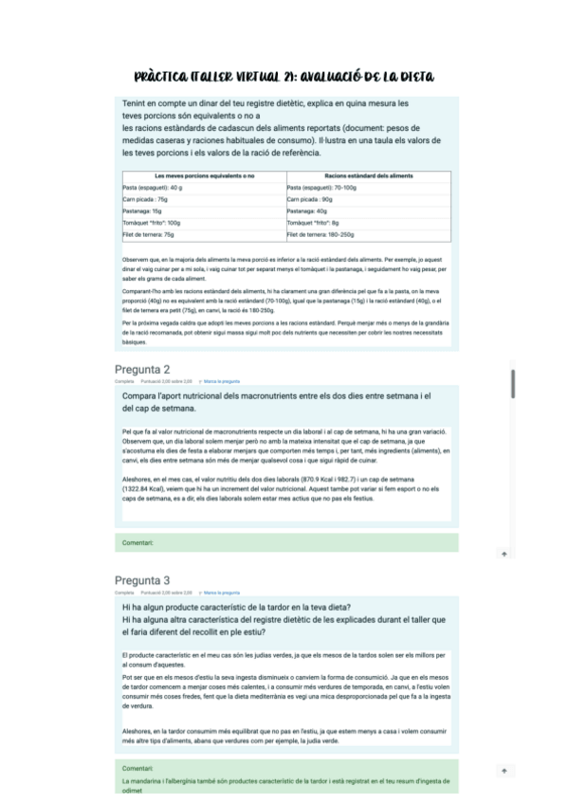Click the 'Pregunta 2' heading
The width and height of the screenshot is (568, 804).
click(x=142, y=369)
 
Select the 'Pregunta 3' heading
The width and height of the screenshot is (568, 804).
click(x=142, y=580)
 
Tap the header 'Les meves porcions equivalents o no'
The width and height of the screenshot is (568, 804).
click(x=204, y=175)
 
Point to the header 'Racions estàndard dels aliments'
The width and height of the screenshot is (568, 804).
click(x=368, y=175)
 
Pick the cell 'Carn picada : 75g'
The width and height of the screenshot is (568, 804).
click(x=145, y=199)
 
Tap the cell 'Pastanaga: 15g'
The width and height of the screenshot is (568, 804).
click(x=142, y=210)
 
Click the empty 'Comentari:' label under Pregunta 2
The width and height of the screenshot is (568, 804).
click(x=138, y=543)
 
